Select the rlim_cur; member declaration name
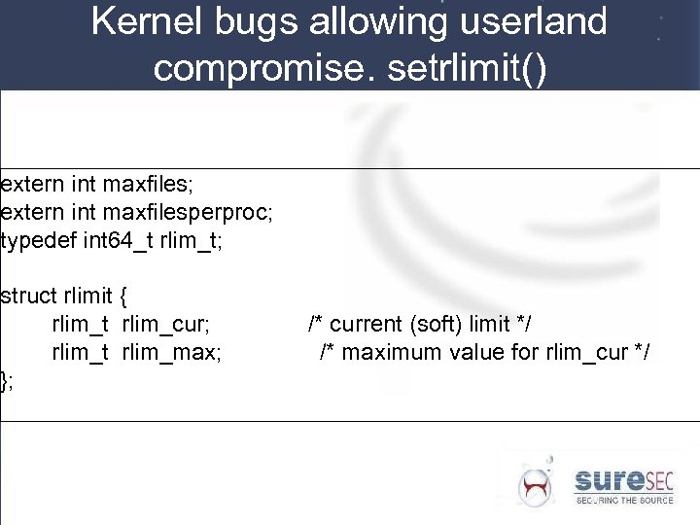[166, 323]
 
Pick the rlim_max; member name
[171, 351]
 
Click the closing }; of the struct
[7, 380]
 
